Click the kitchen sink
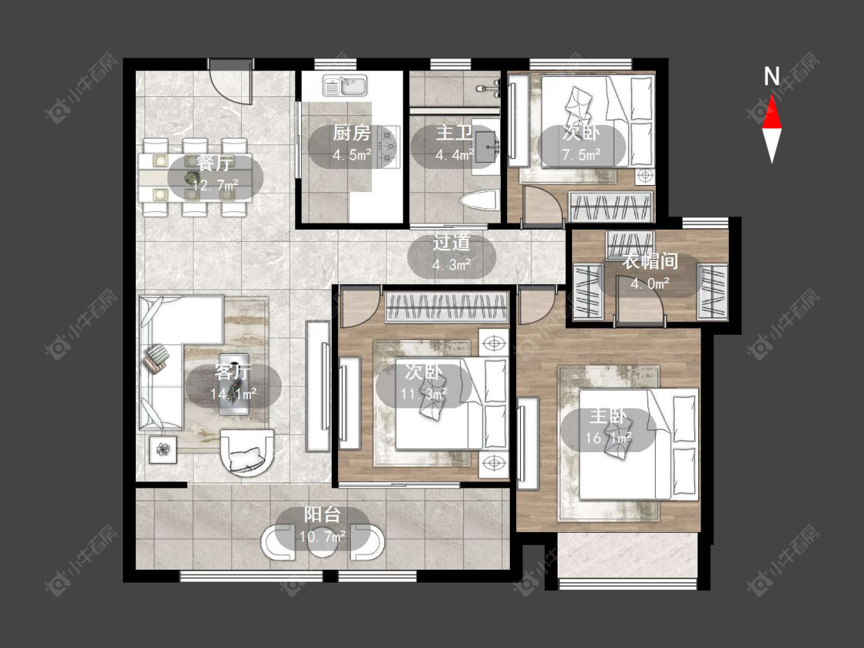344,85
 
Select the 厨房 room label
351,133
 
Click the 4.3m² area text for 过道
452,265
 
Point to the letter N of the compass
771,76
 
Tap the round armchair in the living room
247,452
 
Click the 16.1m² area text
607,438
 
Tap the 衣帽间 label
650,261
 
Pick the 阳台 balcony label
323,514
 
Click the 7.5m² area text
581,155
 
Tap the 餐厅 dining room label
215,163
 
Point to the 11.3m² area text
423,394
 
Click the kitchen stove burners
389,145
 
